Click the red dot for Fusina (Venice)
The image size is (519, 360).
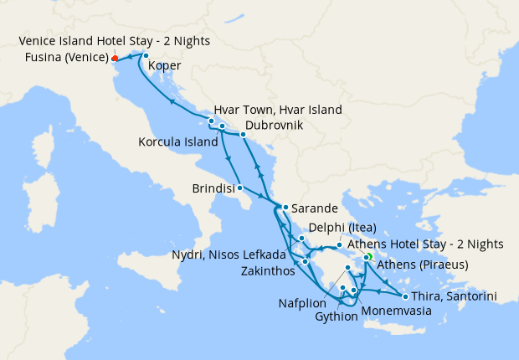[115, 59]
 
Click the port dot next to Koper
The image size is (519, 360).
[146, 55]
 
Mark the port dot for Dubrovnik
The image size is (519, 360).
[243, 134]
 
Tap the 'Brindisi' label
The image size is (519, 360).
[213, 189]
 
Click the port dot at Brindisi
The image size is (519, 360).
[240, 188]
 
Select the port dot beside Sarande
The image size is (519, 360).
[285, 207]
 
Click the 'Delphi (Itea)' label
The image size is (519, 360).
[342, 228]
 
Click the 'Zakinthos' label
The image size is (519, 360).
[265, 272]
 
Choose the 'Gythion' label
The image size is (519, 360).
[337, 318]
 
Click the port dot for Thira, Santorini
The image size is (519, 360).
[405, 296]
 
